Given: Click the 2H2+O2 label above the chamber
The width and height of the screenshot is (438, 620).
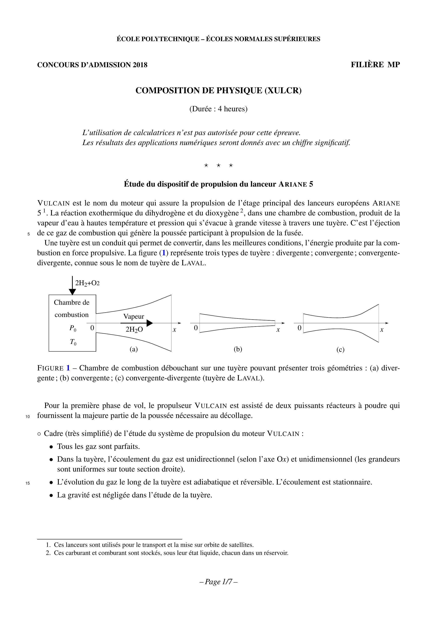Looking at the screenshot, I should tap(87, 283).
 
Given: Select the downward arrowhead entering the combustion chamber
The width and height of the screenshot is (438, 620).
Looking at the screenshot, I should tap(72, 292).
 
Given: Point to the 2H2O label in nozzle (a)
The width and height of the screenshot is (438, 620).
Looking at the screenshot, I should tap(134, 330).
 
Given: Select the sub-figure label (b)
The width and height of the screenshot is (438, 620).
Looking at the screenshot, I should tap(238, 349).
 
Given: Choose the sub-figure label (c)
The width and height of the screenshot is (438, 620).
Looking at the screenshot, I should tap(340, 350).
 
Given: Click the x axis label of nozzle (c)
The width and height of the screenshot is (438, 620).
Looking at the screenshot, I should tap(382, 330).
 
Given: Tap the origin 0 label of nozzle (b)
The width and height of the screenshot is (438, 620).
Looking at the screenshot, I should tap(196, 328).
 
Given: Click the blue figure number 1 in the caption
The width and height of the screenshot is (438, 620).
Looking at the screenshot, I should tap(68, 368).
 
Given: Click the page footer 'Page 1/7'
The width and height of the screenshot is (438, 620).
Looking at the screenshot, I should tap(218, 582).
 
